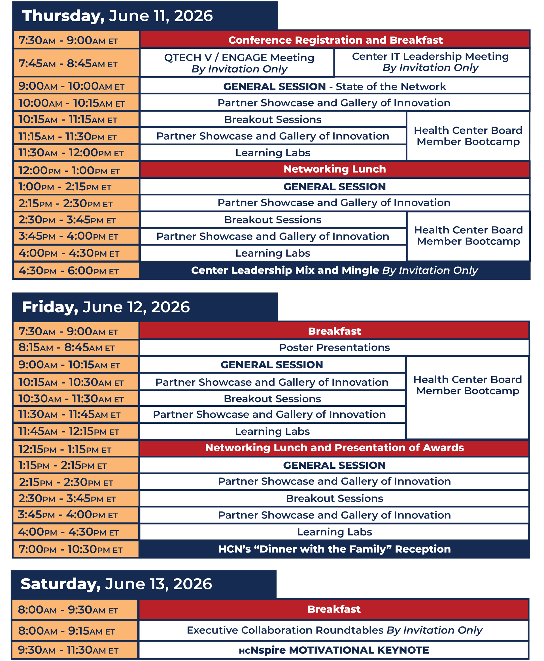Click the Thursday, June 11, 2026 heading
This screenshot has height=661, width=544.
[x=118, y=16]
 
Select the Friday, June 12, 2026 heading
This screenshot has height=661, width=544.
[x=106, y=307]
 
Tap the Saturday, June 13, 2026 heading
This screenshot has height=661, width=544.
[x=116, y=584]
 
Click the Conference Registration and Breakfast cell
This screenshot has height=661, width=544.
[x=335, y=40]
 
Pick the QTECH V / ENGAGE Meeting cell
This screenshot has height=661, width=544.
[x=239, y=63]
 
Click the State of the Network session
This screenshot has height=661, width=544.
[x=334, y=86]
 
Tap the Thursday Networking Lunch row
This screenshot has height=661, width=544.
[x=334, y=169]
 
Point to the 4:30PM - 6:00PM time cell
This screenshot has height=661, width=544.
[x=76, y=270]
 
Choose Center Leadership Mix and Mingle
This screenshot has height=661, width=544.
[x=334, y=270]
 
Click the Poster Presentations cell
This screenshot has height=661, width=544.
[x=334, y=347]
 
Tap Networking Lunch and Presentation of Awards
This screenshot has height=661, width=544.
[x=334, y=448]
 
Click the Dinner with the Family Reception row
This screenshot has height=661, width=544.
[x=334, y=549]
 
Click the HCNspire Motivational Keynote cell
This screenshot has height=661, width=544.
[x=334, y=650]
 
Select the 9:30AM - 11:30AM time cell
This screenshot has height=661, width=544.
[x=75, y=650]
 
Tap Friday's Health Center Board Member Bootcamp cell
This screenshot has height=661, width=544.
[x=467, y=385]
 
